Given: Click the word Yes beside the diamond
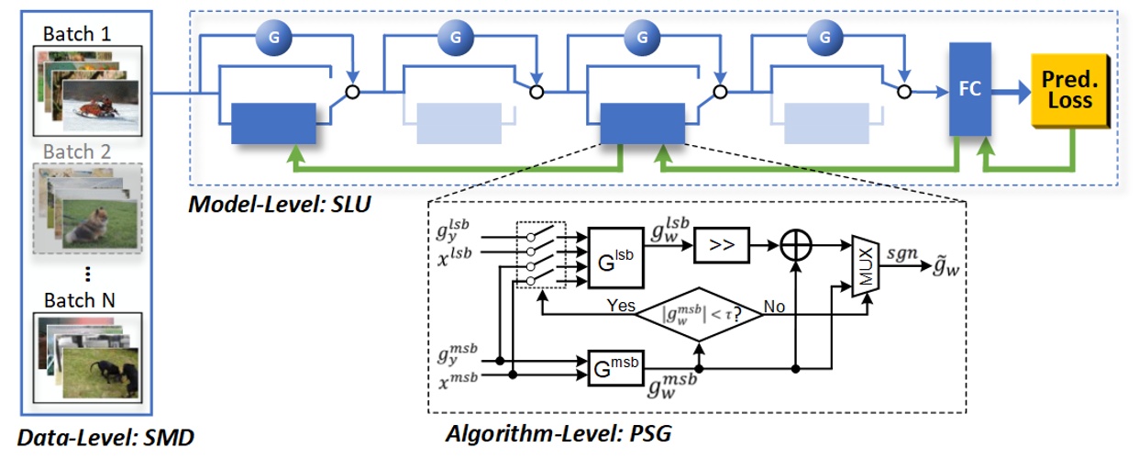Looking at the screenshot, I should (x=621, y=306).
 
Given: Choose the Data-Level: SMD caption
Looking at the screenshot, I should (x=105, y=439).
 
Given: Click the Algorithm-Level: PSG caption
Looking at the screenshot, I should (x=558, y=433).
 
